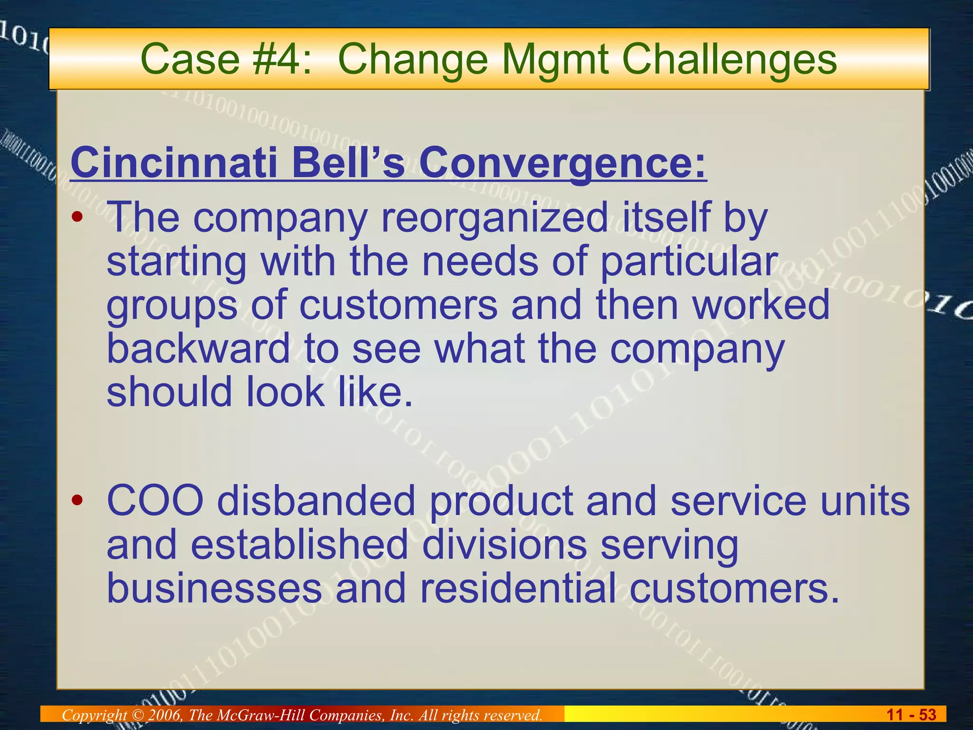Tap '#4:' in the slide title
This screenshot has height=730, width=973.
pyautogui.click(x=282, y=60)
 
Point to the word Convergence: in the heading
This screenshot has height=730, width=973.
pyautogui.click(x=563, y=162)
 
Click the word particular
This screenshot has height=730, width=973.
pyautogui.click(x=689, y=261)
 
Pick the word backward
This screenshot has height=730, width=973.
pyautogui.click(x=198, y=348)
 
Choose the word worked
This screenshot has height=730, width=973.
pyautogui.click(x=761, y=305)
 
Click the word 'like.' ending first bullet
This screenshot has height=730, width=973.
pyautogui.click(x=375, y=392)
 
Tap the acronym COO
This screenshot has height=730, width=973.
pyautogui.click(x=155, y=501)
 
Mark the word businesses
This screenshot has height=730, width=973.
pyautogui.click(x=214, y=588)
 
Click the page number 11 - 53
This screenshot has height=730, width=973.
pyautogui.click(x=911, y=715)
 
